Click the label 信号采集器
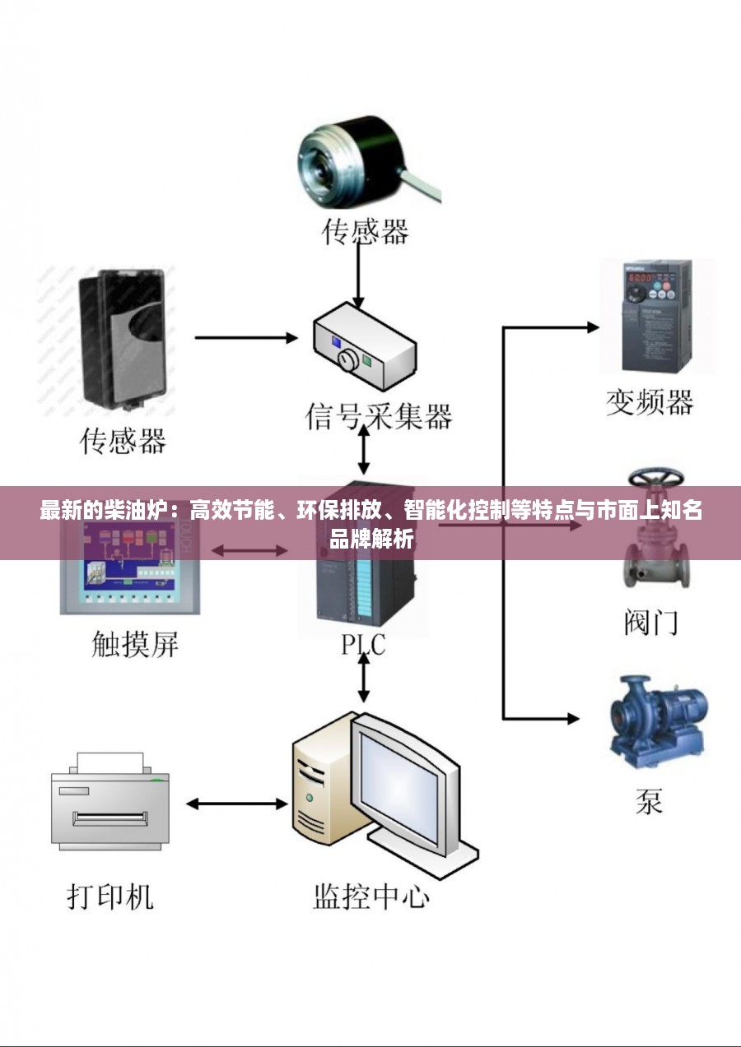pos(380,416)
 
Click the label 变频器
pos(650,402)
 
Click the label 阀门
pos(650,622)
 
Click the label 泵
pos(649,800)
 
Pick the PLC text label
pos(363,644)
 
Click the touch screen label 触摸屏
pos(134,644)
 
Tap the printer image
pos(110,801)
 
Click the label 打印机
pos(110,896)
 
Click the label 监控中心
pos(371,896)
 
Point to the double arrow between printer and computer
pos(235,803)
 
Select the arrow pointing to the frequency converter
pos(552,328)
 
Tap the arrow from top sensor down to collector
pos(358,276)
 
